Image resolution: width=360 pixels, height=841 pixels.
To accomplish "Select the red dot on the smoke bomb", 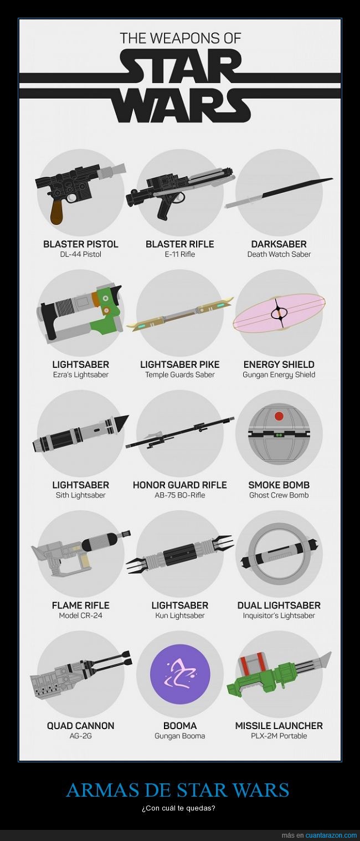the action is [x=279, y=416].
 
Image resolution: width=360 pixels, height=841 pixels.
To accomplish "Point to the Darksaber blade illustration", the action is [x=279, y=192].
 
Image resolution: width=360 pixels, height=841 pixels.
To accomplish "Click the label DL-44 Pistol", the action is [x=80, y=254].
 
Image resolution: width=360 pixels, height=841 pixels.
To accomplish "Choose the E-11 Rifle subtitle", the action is [x=180, y=254].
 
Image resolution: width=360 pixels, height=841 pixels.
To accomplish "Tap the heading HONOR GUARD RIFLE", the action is [x=180, y=485].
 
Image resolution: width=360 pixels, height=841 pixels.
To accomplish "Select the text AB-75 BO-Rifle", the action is [x=180, y=495].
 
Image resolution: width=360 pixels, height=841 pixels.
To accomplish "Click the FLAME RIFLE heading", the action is [x=81, y=605].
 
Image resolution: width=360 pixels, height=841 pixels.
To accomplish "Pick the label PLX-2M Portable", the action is [x=279, y=736].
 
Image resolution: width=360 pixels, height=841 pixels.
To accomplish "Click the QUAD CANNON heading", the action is [x=81, y=726].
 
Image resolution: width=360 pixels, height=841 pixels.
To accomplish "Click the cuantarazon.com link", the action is [x=331, y=835].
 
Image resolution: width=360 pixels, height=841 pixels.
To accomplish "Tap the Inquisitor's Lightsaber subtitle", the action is [x=279, y=616].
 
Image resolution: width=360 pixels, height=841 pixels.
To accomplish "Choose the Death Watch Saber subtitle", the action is [x=279, y=254].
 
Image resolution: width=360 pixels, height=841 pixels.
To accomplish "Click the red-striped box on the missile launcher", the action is [x=253, y=662].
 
